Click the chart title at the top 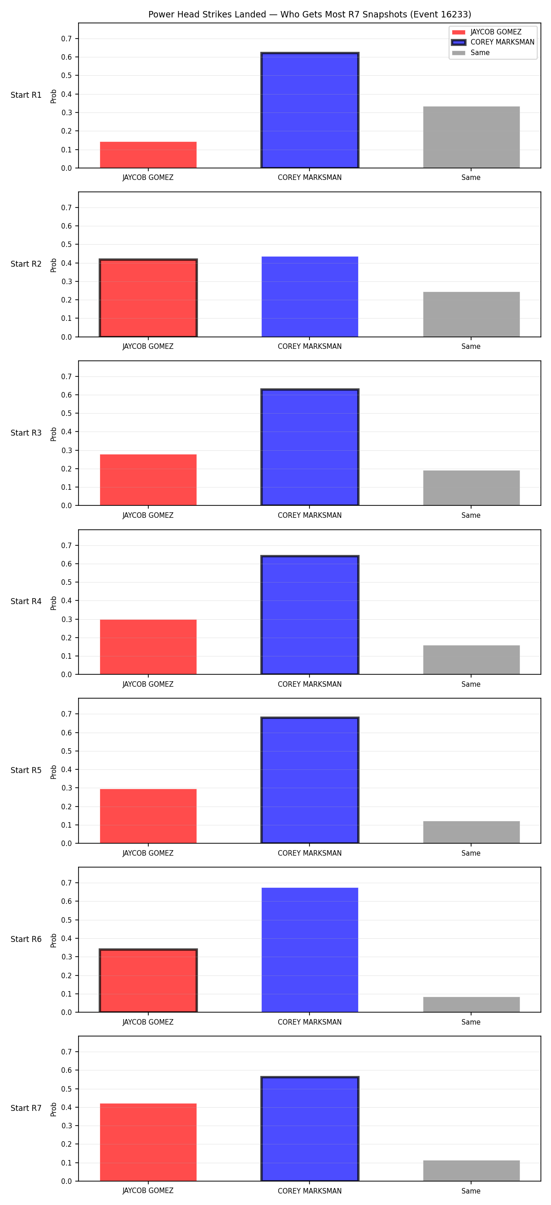tap(309, 15)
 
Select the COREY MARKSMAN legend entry tap(493, 42)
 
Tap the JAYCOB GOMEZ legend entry tap(486, 32)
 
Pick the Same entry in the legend tap(471, 53)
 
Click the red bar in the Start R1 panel tap(148, 155)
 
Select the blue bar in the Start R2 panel tap(309, 297)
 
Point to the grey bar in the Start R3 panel tap(472, 488)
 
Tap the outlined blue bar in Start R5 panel tap(309, 780)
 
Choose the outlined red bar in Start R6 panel tap(148, 981)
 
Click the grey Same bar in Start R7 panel tap(472, 1171)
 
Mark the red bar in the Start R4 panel tap(148, 647)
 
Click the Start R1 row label tap(26, 95)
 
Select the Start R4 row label tap(26, 601)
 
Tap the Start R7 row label tap(26, 1108)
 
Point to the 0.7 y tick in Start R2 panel tap(67, 207)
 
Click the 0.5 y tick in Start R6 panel tap(67, 920)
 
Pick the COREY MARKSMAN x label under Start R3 tap(309, 516)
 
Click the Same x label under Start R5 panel tap(471, 853)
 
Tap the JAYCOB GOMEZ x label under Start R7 tap(148, 1190)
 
